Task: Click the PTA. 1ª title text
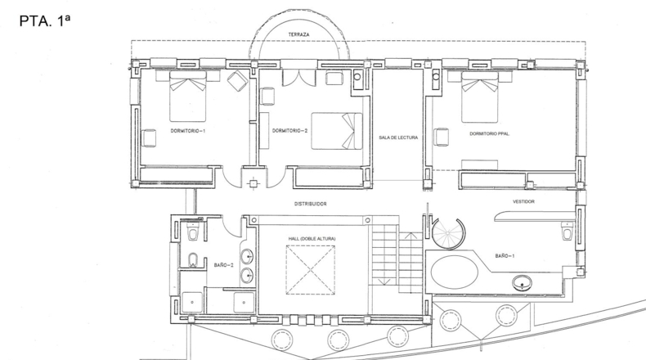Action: (44, 21)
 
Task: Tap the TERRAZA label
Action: (298, 35)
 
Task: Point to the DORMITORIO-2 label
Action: (290, 131)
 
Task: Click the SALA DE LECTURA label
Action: (398, 137)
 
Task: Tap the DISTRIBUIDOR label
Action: (311, 204)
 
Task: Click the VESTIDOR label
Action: (523, 201)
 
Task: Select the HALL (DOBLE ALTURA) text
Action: (312, 239)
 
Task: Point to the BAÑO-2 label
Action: (224, 265)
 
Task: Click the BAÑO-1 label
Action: (505, 256)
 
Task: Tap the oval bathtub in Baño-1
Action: (455, 272)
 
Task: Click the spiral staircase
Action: (448, 233)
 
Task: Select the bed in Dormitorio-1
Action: (188, 96)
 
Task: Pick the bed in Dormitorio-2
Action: (337, 131)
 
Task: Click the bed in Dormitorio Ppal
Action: (480, 97)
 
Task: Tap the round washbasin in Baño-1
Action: (522, 283)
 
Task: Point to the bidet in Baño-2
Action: (193, 260)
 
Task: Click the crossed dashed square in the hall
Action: (310, 270)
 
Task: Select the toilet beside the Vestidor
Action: (567, 231)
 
